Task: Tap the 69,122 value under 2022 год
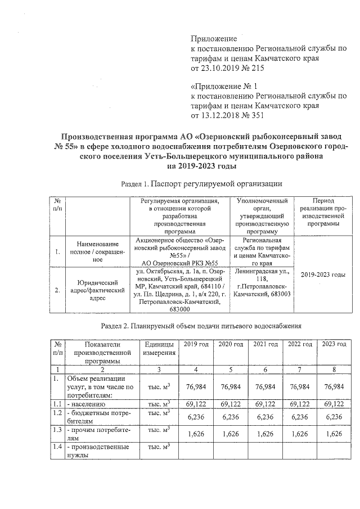(300, 404)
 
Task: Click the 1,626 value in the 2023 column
(335, 434)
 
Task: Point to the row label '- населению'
(84, 404)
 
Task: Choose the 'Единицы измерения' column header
(157, 348)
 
